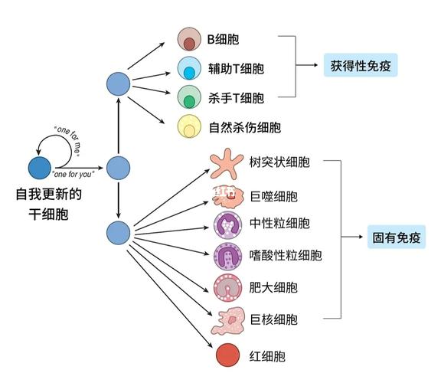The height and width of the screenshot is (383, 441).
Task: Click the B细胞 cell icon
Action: (x=188, y=40)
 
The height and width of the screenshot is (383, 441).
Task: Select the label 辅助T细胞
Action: (x=237, y=68)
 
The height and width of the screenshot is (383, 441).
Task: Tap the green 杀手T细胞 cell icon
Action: (x=188, y=97)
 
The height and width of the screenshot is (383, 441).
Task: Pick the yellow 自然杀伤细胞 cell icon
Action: (x=188, y=127)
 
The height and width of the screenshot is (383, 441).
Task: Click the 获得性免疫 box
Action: (x=360, y=65)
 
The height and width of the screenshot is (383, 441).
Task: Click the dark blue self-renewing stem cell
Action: (x=40, y=167)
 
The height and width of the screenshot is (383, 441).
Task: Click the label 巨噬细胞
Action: (x=273, y=197)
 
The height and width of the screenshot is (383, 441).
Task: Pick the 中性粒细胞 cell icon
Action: (x=227, y=224)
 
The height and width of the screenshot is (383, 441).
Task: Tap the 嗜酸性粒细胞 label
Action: (x=286, y=254)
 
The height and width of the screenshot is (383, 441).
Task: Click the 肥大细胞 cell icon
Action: (x=227, y=287)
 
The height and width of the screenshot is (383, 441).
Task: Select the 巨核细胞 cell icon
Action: (x=227, y=321)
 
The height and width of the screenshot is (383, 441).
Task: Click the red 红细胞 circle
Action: (x=227, y=355)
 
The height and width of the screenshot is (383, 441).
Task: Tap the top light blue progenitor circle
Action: (x=118, y=84)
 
